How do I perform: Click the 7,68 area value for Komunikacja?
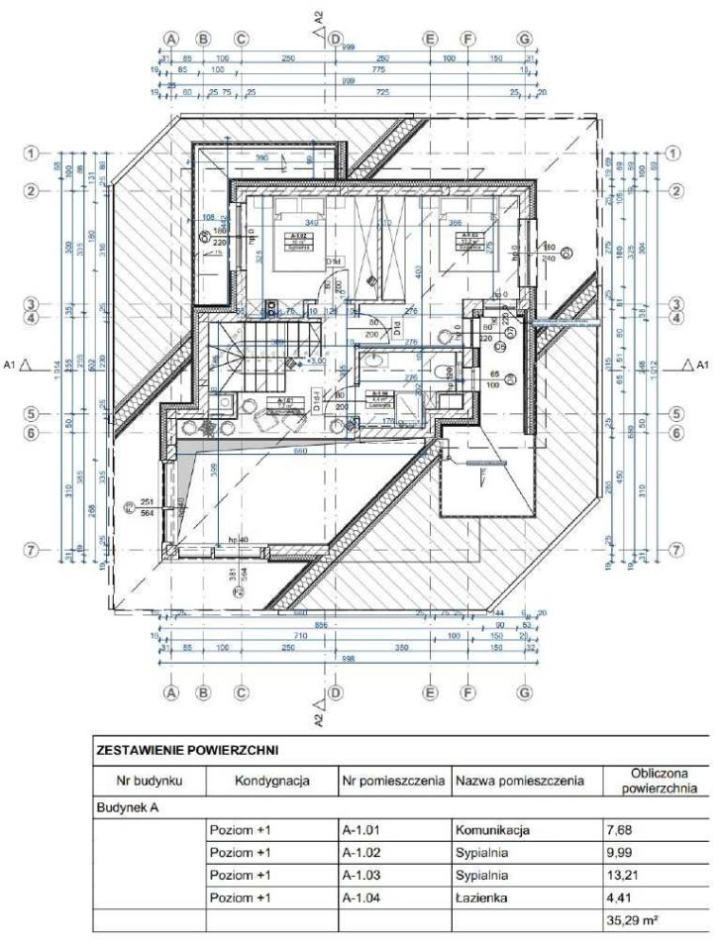coord(619,827)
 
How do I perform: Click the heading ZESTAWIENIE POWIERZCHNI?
coord(187,751)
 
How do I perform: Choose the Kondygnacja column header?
coord(272,781)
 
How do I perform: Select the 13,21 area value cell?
coord(619,875)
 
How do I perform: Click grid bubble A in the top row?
coord(170,39)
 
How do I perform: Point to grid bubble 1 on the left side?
coord(33,154)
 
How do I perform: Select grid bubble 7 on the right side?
coord(677,549)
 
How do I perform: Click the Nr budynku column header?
coord(148,781)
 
